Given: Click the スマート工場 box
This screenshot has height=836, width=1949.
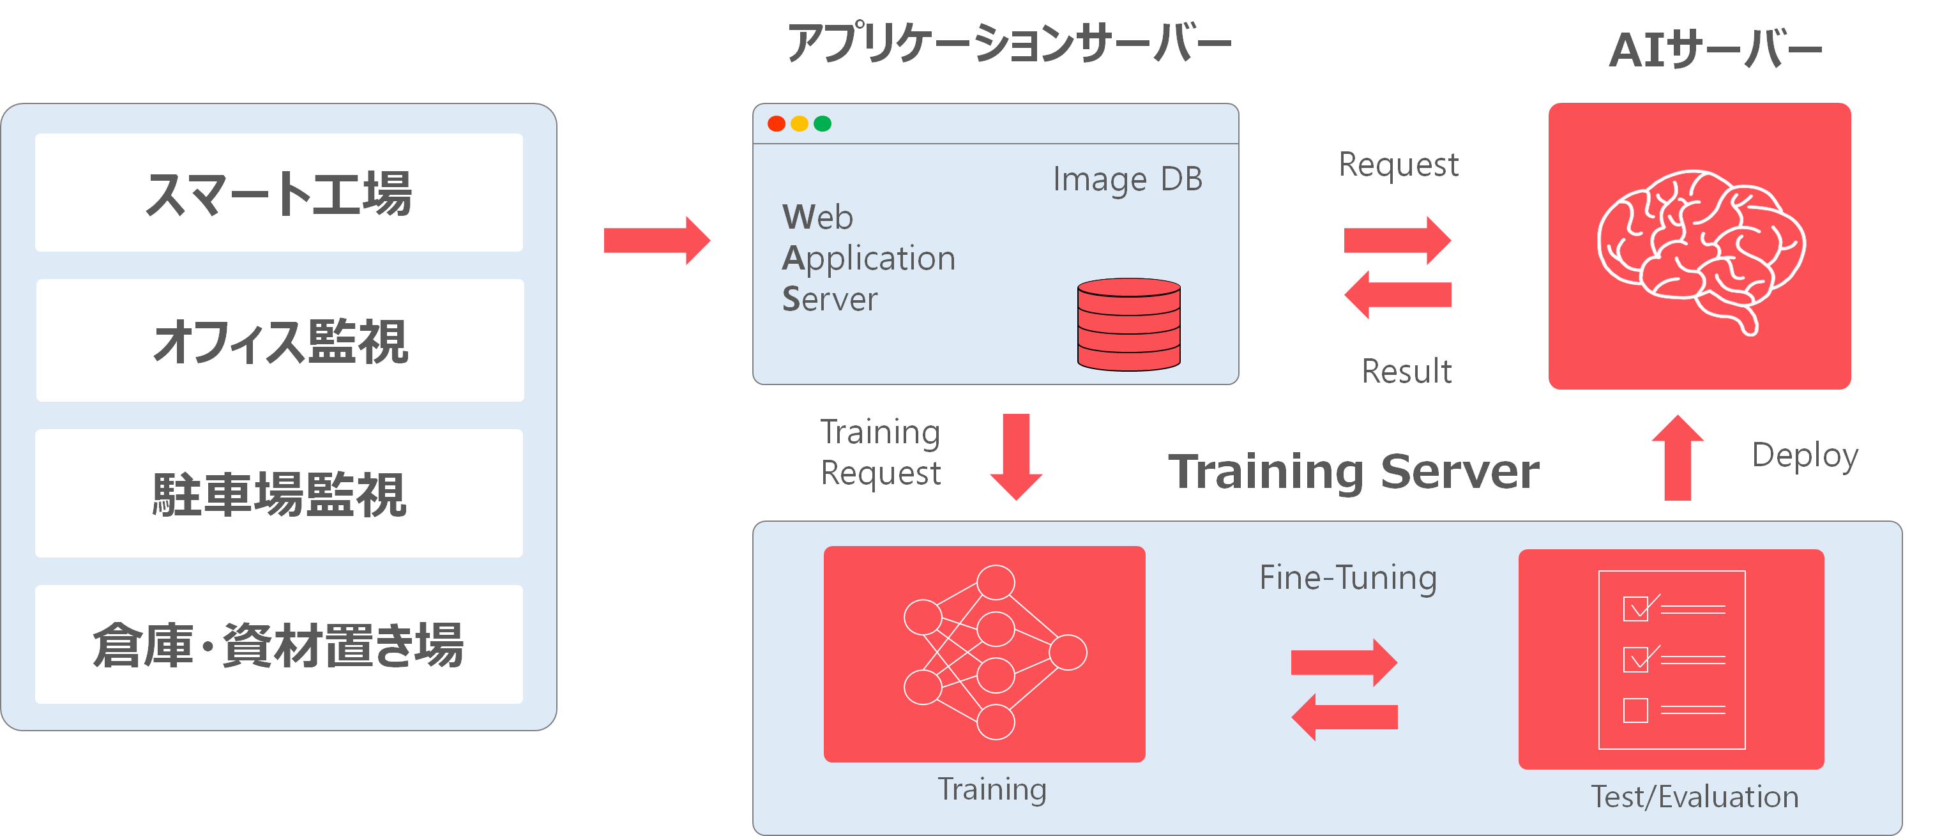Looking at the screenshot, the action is pos(278,193).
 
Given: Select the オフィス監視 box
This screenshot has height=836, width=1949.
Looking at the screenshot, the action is pos(280,340).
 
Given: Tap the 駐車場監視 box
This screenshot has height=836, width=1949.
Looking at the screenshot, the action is pos(278,493).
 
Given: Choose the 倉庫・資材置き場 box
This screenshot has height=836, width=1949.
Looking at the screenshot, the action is pos(278,644).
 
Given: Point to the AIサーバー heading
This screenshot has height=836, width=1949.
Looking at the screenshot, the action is pos(1715,50).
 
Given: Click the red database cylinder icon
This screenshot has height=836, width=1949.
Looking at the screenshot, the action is pos(1129,324).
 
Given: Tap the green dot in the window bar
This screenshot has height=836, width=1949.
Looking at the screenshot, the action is pos(823,123).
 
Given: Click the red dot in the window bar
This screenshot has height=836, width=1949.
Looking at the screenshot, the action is pos(777,123).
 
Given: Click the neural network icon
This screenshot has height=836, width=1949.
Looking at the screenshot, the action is pos(995,652).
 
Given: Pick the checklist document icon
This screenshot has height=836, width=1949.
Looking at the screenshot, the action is pos(1672,660).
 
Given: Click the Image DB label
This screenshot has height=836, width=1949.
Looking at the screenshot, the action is pos(1127,180).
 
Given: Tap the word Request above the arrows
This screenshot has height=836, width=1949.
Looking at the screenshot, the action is pos(1398,165).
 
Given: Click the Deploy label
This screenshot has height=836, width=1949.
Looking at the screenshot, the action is pos(1805,456).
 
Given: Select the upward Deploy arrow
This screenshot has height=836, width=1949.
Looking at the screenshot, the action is pos(1678,458).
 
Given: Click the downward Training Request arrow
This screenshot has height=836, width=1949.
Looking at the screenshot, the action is pos(1016,457).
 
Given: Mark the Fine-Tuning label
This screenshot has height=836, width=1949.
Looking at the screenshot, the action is pos(1348,578).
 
